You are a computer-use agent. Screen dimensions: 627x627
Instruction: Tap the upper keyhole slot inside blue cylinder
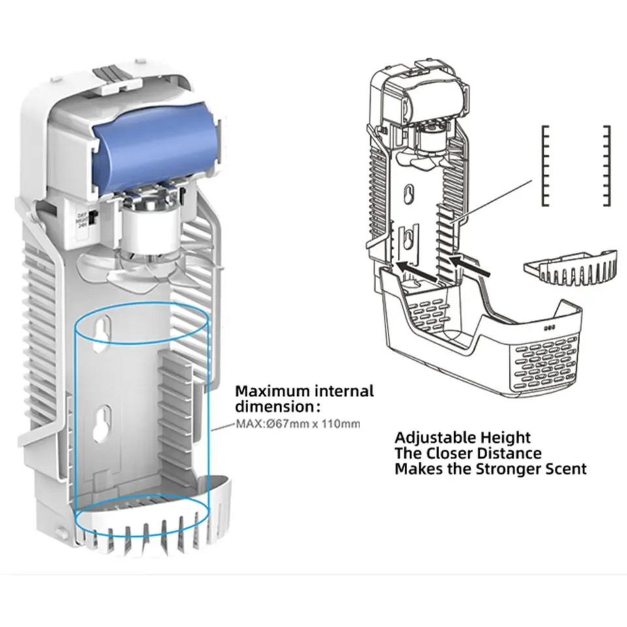tap(102, 330)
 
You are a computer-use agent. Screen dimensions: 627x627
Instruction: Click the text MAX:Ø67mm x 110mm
tap(297, 425)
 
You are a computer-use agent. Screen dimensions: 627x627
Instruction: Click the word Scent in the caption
tap(564, 468)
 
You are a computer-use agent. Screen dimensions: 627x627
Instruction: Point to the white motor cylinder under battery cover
tap(148, 231)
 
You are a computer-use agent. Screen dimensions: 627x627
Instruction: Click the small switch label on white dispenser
tap(83, 216)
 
